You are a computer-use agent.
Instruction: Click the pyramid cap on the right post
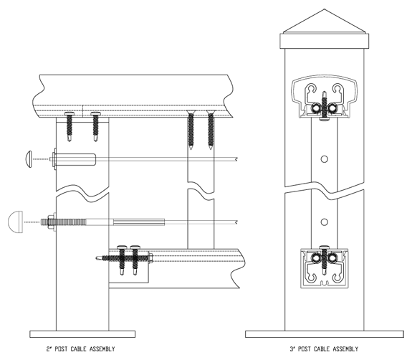tap(325, 22)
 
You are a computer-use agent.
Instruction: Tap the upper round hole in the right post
tap(325, 158)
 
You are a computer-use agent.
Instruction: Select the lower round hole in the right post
tap(325, 222)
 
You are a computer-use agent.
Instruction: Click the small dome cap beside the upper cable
tap(29, 159)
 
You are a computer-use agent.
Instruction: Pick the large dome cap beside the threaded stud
tap(15, 222)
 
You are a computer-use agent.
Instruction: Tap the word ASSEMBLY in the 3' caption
tap(345, 349)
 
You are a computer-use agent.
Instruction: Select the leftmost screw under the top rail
tap(70, 126)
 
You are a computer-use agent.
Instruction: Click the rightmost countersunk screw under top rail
tap(211, 130)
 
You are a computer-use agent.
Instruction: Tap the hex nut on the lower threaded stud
tap(50, 222)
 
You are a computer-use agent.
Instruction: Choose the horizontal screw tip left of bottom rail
tap(99, 258)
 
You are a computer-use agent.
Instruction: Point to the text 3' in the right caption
tap(292, 349)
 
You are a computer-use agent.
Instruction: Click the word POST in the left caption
tap(61, 349)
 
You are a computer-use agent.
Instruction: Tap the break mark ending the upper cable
tap(236, 158)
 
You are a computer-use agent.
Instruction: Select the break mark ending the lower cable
tap(236, 222)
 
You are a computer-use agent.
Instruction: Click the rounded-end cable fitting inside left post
tap(76, 159)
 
